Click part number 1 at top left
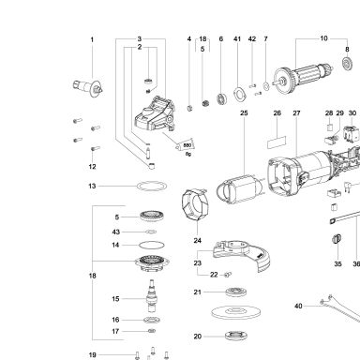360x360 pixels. point(92,39)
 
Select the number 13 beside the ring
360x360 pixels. point(92,186)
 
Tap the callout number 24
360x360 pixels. point(197,240)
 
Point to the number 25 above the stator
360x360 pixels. point(244,112)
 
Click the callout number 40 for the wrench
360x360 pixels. point(298,306)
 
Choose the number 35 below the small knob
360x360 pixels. point(337,263)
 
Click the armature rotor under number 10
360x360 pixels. point(303,78)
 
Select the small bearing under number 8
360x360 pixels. point(347,64)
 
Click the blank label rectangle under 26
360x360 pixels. point(277,142)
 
